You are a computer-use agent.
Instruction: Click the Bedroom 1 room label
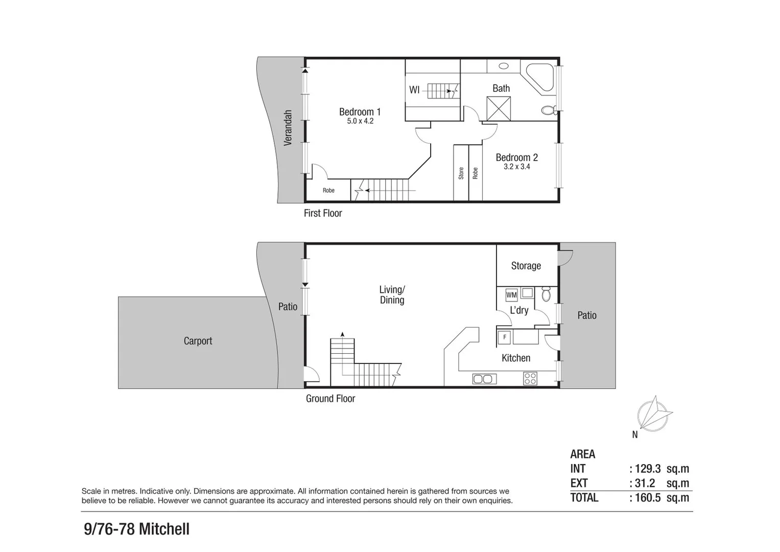tap(360, 112)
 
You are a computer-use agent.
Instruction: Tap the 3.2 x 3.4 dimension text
tap(516, 167)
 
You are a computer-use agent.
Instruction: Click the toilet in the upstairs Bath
tap(549, 110)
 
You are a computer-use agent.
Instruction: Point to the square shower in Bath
tap(499, 108)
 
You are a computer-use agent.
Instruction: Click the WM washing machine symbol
tap(511, 295)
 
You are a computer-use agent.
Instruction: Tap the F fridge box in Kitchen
tap(505, 337)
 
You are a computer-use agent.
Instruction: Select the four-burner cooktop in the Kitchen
tap(530, 378)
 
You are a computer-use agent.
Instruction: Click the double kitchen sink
tap(484, 379)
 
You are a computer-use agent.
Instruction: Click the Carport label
tap(198, 341)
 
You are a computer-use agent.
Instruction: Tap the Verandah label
tap(288, 128)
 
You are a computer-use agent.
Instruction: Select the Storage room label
tap(526, 266)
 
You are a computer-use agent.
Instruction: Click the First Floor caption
tap(322, 213)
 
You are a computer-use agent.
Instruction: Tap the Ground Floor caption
tap(330, 399)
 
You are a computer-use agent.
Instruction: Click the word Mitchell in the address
tap(164, 528)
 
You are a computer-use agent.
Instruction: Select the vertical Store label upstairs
tap(461, 173)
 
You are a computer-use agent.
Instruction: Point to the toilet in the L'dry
tap(546, 294)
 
